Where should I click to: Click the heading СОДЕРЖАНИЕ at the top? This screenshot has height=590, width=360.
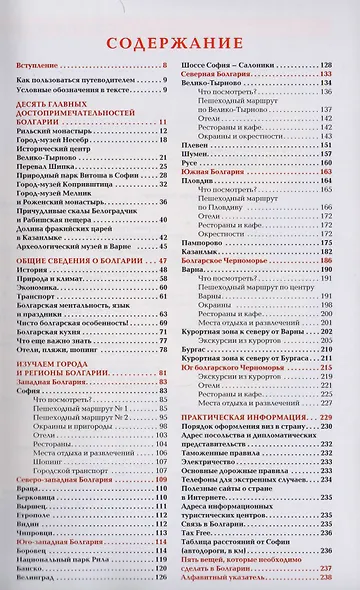180,43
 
